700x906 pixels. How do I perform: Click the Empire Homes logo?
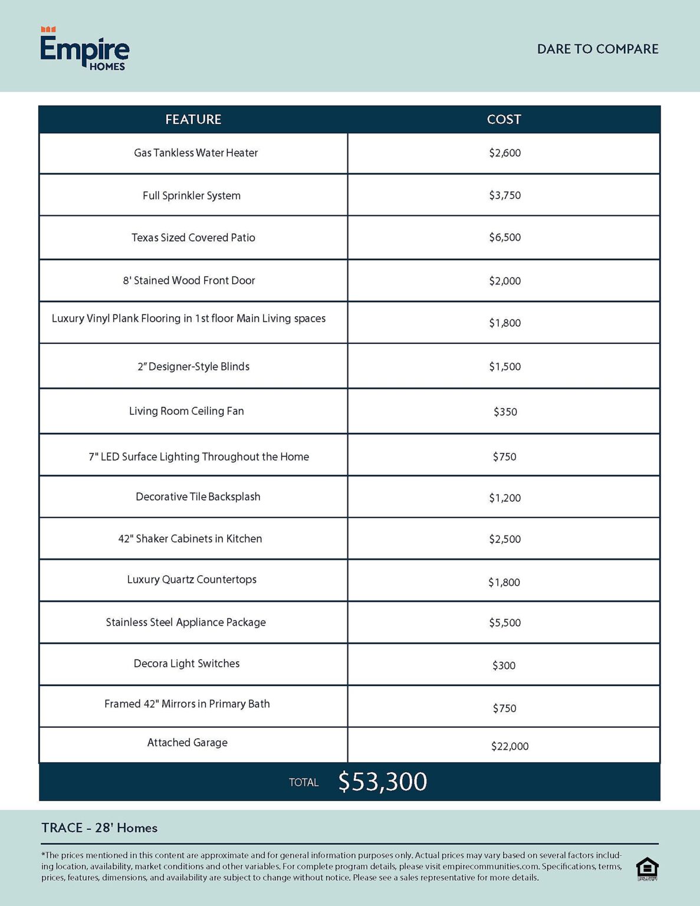(84, 50)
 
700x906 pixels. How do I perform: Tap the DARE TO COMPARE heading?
(597, 49)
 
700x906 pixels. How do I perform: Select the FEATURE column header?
(193, 120)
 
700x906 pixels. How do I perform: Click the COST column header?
(504, 120)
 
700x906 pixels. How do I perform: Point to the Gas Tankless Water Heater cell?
(196, 153)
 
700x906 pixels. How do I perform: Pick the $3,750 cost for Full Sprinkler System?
(505, 196)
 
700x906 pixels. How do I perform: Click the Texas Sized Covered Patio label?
(193, 238)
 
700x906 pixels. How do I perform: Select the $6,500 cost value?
(505, 238)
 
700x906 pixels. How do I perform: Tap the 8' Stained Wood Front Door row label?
(189, 281)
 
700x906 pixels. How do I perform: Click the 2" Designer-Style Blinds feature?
(193, 367)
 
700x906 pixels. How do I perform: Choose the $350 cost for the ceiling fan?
(505, 412)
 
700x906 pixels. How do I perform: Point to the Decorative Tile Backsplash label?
(198, 497)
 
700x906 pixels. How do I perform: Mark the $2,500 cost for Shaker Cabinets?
(505, 539)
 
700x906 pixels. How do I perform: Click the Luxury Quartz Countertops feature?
(192, 580)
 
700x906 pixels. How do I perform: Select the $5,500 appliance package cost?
(505, 623)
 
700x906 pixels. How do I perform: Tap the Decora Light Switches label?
(186, 664)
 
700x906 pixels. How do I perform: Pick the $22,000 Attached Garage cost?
(510, 747)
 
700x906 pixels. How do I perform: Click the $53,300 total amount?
(382, 782)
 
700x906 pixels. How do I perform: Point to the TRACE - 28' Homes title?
(99, 828)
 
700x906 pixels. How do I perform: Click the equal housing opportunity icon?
(647, 868)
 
